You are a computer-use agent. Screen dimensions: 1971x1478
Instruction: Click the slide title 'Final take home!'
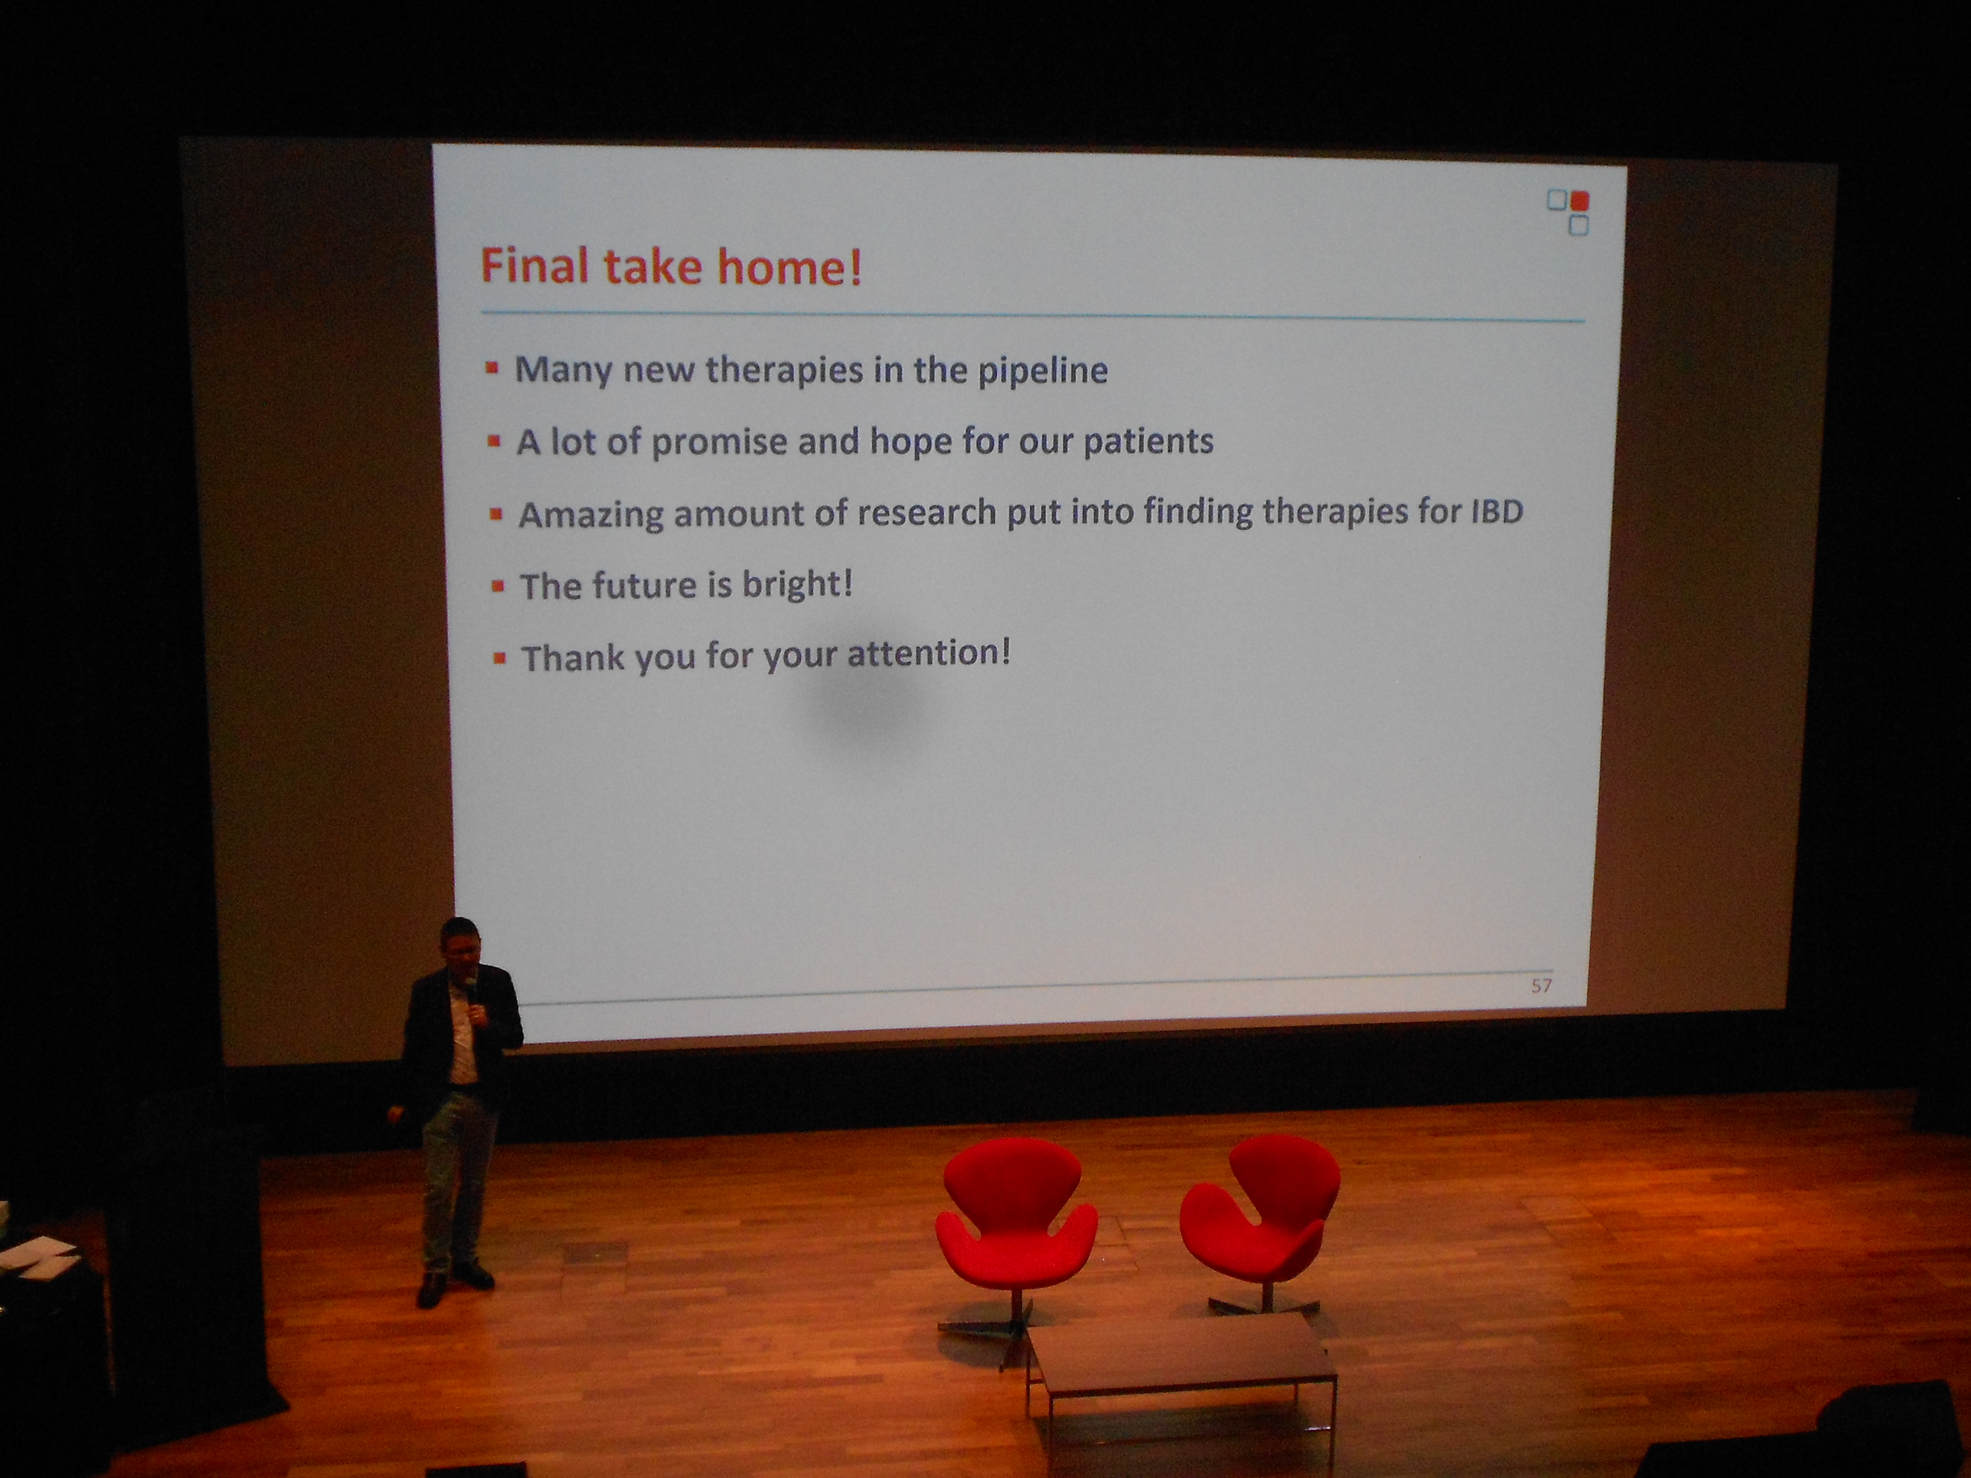tap(671, 265)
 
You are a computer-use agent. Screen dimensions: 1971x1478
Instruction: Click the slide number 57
tap(1542, 985)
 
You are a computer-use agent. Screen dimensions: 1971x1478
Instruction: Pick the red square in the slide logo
tap(1580, 200)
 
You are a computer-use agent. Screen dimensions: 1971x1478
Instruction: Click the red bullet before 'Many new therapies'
tap(492, 367)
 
